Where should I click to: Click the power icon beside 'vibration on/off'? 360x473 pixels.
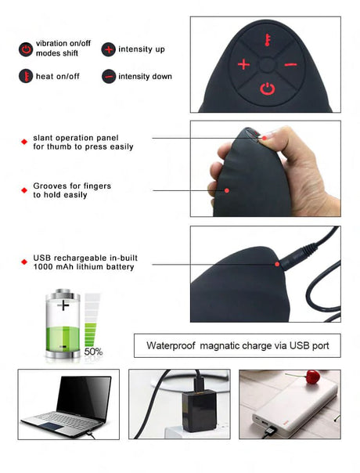pyautogui.click(x=26, y=49)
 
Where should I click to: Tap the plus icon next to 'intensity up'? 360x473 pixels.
pyautogui.click(x=108, y=49)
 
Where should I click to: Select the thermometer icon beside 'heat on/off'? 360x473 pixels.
pyautogui.click(x=26, y=76)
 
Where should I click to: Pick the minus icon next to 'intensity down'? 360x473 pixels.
pyautogui.click(x=108, y=76)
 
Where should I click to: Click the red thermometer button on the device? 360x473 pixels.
pyautogui.click(x=267, y=40)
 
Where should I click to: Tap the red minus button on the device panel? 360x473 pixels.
pyautogui.click(x=290, y=64)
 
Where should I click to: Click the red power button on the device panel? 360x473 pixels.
pyautogui.click(x=268, y=88)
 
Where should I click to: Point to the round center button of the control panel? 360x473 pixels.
pyautogui.click(x=267, y=64)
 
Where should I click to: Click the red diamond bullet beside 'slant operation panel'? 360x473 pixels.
pyautogui.click(x=24, y=142)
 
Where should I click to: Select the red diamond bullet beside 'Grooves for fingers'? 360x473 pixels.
pyautogui.click(x=24, y=190)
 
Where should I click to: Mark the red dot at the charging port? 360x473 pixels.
pyautogui.click(x=277, y=264)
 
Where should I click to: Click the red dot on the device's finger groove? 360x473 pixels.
pyautogui.click(x=227, y=190)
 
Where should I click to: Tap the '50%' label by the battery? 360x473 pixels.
pyautogui.click(x=93, y=352)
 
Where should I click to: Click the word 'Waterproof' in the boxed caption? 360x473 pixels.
pyautogui.click(x=171, y=345)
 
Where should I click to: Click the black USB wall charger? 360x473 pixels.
pyautogui.click(x=198, y=410)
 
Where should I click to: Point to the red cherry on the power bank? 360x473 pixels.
pyautogui.click(x=313, y=377)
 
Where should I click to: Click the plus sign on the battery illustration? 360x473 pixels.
pyautogui.click(x=63, y=305)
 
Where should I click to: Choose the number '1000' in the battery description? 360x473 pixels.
pyautogui.click(x=42, y=267)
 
